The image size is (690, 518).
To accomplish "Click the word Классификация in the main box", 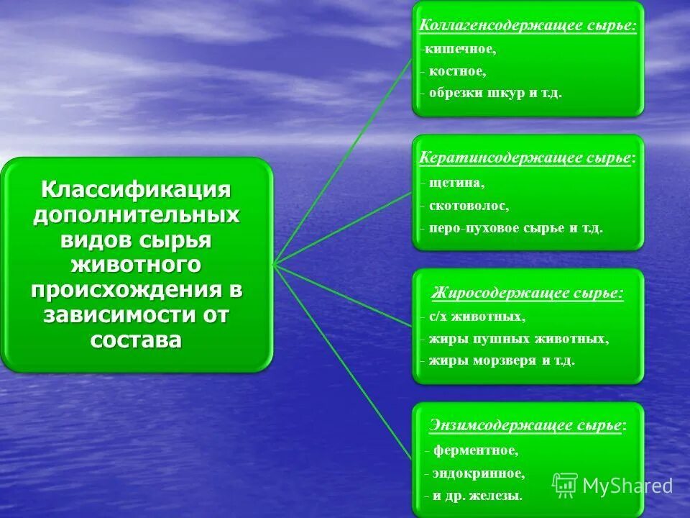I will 136,191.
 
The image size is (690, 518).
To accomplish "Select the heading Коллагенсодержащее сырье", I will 528,25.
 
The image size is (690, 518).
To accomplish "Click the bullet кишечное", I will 459,50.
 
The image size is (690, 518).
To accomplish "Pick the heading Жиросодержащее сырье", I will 527,293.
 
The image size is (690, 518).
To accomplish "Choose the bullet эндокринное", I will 477,473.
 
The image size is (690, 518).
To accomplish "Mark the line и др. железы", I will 476,496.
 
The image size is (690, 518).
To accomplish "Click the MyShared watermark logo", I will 613,486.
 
